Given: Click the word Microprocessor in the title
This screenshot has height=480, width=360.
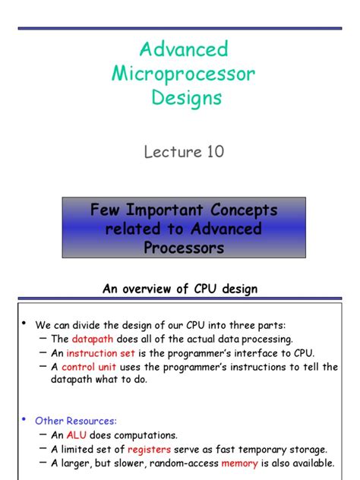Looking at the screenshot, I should (183, 74).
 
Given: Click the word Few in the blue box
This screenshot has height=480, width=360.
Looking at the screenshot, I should (106, 210).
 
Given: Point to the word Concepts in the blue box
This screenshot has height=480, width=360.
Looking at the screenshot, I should (238, 210).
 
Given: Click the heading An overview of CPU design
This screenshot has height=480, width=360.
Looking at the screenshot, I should (180, 289).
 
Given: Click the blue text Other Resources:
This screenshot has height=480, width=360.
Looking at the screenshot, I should (76, 420).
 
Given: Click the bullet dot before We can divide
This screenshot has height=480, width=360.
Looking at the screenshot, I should (23, 324).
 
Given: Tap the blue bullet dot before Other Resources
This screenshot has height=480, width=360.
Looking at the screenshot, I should (23, 419).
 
